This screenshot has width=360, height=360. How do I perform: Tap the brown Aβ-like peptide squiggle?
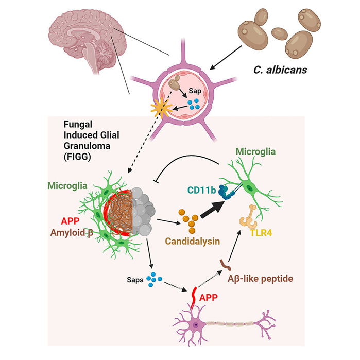tap(226, 264)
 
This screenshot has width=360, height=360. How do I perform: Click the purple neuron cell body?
tap(195, 325)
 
